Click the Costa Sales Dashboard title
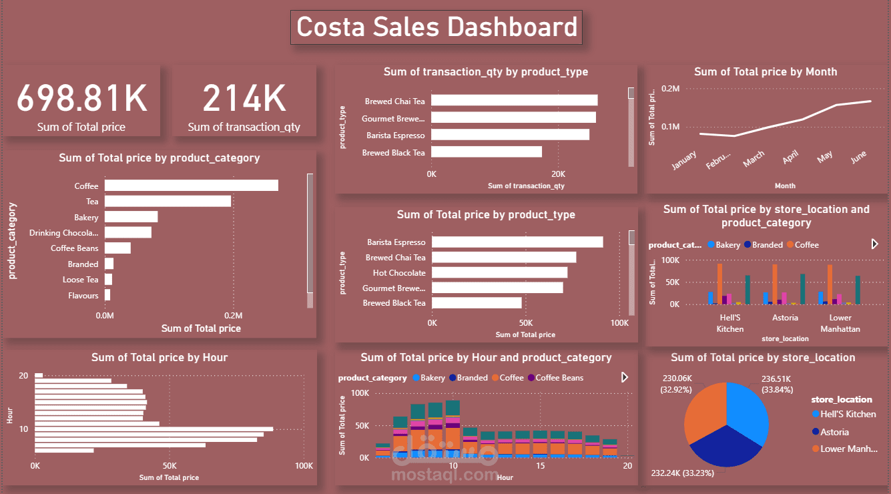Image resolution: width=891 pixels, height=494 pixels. coord(436,27)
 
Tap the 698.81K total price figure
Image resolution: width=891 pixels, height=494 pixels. coord(81,98)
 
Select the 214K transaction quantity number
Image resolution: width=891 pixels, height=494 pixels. coord(244,98)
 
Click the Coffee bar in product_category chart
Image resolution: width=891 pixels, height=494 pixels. coord(191,186)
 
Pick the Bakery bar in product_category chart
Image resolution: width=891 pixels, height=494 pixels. coord(131,217)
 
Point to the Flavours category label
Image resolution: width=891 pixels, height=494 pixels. coord(83,296)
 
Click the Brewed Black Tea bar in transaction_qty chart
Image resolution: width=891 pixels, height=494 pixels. coord(487,152)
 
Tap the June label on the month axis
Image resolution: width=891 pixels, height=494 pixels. coord(858,156)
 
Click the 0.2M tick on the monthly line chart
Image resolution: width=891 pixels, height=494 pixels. coord(670,88)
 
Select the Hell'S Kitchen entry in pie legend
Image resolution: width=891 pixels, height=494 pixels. coord(848,414)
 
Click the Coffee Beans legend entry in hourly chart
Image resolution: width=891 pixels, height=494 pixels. coord(559,378)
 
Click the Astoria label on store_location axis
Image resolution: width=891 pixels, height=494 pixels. coord(784,318)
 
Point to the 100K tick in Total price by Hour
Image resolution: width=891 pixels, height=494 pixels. coord(304,466)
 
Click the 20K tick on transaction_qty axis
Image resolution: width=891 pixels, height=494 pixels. coord(558,174)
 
